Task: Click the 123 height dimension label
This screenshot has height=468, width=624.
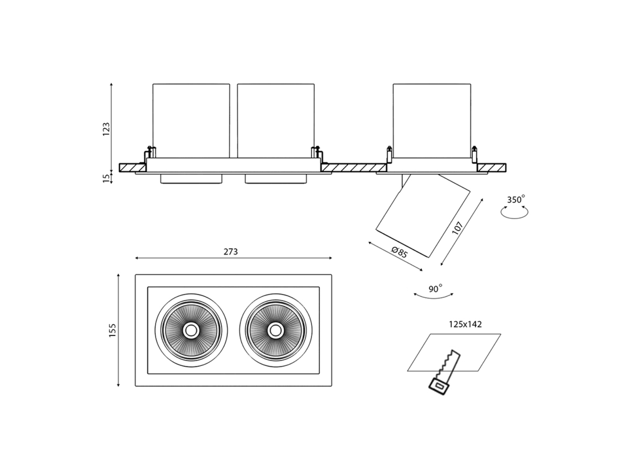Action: click(x=106, y=129)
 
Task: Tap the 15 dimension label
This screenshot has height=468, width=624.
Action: click(x=106, y=178)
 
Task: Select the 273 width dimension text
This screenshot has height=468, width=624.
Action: click(x=231, y=252)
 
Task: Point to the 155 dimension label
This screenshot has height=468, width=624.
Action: click(x=112, y=330)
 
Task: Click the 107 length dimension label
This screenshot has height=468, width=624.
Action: click(x=458, y=228)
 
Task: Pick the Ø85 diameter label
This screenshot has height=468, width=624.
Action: click(x=399, y=253)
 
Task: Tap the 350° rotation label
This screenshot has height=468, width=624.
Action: click(x=516, y=199)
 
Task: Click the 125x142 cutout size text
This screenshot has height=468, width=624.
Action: click(x=465, y=324)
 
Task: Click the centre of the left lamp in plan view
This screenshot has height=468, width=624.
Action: click(x=191, y=331)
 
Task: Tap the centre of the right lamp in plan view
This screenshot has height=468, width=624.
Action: click(x=275, y=331)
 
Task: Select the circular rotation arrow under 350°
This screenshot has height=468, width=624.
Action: click(x=514, y=213)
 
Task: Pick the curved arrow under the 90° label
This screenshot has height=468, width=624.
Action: click(x=434, y=296)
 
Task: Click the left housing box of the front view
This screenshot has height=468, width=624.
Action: click(x=191, y=120)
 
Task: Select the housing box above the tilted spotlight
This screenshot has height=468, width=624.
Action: click(x=432, y=120)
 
